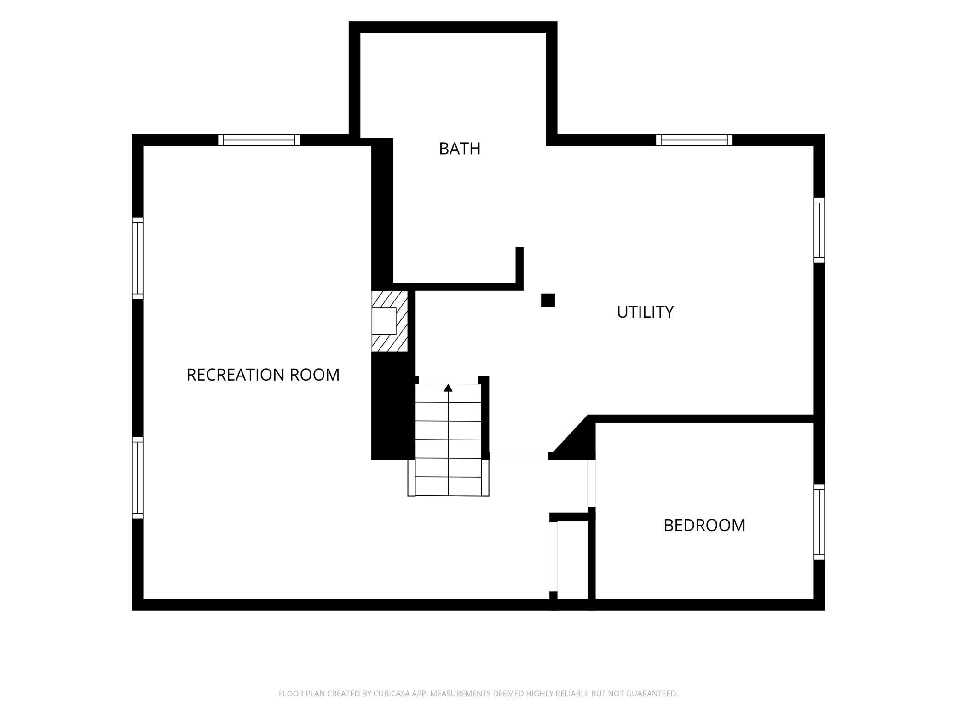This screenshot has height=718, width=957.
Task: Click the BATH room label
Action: [460, 149]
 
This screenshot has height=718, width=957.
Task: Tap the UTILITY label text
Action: [645, 312]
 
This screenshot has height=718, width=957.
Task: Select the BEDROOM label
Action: [704, 525]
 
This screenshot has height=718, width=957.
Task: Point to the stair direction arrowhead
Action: [448, 388]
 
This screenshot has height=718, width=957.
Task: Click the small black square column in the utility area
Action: [548, 300]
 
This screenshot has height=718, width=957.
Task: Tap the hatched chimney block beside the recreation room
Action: [390, 321]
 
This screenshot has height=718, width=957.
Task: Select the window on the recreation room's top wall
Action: [259, 140]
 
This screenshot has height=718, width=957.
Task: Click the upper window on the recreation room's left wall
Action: [138, 258]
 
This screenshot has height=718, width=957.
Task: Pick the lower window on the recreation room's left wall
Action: [138, 478]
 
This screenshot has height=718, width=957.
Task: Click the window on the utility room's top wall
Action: [694, 140]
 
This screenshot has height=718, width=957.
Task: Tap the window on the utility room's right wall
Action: [819, 230]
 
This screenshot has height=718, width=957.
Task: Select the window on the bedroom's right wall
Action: [819, 522]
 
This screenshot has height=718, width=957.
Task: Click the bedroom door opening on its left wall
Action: [592, 483]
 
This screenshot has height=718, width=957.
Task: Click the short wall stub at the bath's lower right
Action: [519, 268]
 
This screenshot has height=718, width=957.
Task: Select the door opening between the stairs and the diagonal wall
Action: [519, 456]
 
